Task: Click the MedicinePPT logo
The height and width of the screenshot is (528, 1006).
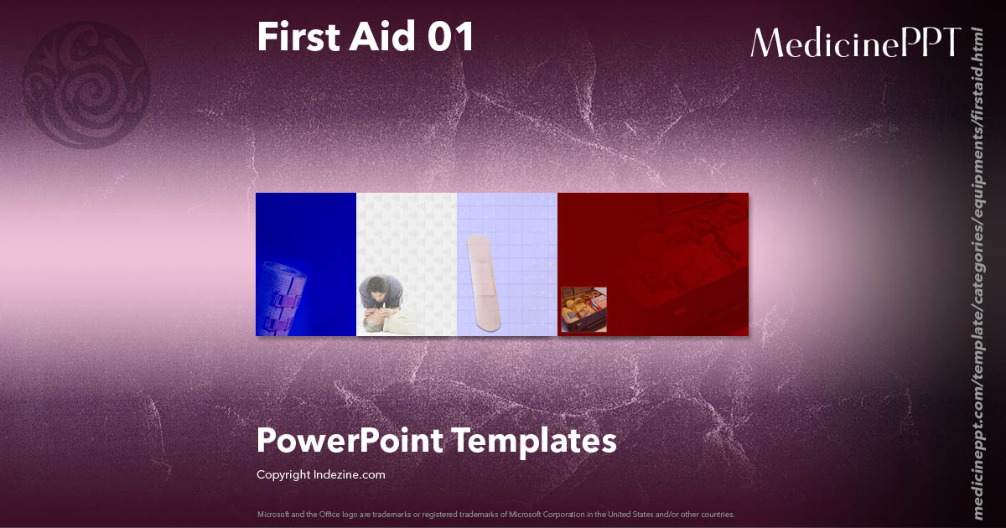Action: coord(855,42)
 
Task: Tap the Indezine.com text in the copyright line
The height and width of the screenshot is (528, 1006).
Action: coord(350,474)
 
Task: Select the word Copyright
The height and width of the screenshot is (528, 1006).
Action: coord(283,474)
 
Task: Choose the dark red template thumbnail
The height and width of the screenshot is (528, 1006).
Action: coord(671,251)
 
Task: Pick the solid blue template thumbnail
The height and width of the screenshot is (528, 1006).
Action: coord(306,235)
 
